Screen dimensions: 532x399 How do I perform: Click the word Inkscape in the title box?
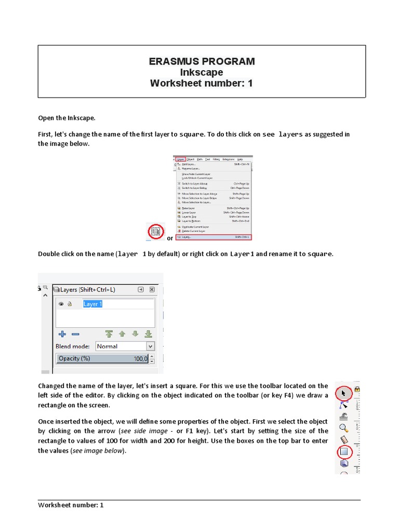click(202, 72)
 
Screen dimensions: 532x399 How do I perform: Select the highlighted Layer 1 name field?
click(93, 304)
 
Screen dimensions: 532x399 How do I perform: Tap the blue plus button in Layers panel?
click(62, 334)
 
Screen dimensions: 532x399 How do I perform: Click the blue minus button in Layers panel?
click(75, 334)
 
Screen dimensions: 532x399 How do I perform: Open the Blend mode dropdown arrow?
click(150, 346)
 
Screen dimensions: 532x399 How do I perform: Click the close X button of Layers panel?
click(152, 289)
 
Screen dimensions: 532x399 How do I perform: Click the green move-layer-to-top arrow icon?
click(109, 334)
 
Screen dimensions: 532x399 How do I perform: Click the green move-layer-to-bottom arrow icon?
click(148, 334)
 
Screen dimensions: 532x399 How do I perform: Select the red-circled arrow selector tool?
click(343, 393)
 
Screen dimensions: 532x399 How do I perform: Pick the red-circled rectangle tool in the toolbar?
click(344, 452)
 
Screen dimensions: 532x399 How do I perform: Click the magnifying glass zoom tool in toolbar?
click(343, 428)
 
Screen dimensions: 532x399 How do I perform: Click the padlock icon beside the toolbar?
click(357, 389)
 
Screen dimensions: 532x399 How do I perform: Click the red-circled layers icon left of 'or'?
click(155, 231)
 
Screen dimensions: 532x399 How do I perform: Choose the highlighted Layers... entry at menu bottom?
click(214, 237)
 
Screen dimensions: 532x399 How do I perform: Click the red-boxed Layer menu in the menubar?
click(180, 159)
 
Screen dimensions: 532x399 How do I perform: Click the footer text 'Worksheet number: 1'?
click(71, 505)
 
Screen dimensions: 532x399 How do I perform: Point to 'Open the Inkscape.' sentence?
click(66, 117)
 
